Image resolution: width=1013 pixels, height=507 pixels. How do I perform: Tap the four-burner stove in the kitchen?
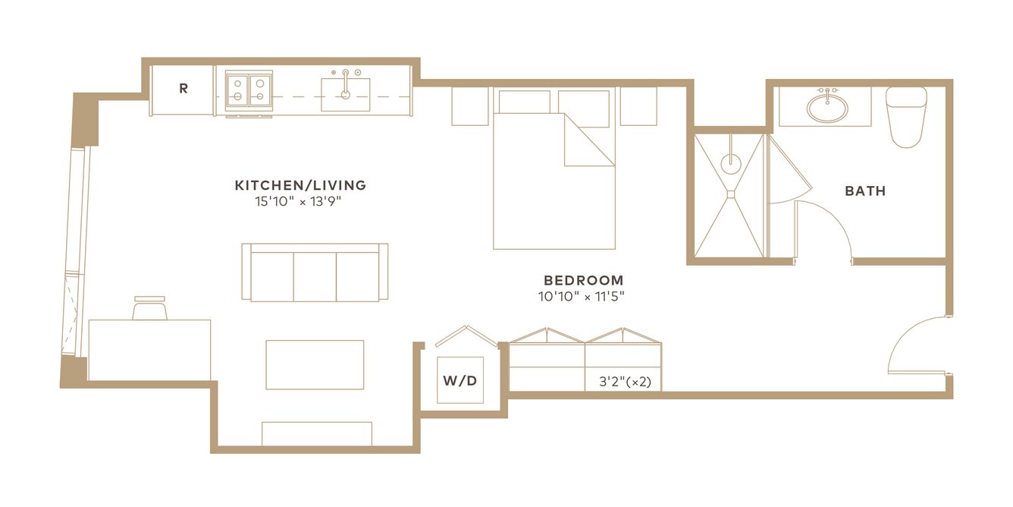[x=249, y=90]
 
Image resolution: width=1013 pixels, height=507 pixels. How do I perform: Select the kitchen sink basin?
[x=346, y=95]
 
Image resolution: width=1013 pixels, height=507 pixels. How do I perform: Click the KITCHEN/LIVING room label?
[x=300, y=185]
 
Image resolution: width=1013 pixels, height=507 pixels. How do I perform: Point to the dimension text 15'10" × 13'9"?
[x=298, y=201]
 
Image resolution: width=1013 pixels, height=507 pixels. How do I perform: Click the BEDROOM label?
[x=583, y=280]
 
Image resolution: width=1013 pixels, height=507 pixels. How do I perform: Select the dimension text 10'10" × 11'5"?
[x=581, y=297]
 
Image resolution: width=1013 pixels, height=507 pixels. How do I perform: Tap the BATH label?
[x=865, y=191]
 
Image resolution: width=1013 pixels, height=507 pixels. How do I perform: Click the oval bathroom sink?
[x=827, y=108]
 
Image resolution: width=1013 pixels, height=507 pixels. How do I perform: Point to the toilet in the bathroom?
[x=906, y=117]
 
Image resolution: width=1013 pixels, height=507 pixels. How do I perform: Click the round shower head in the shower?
[x=731, y=164]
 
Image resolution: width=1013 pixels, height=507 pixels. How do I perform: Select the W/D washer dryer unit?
[x=460, y=380]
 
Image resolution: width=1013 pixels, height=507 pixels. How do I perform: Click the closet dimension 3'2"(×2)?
[x=625, y=382]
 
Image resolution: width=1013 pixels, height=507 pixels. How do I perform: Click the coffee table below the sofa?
[x=315, y=365]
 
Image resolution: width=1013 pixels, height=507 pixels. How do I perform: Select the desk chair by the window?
[x=149, y=308]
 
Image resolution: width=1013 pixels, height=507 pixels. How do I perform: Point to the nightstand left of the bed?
[x=470, y=106]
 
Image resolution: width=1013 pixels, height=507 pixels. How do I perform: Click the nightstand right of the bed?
[x=638, y=106]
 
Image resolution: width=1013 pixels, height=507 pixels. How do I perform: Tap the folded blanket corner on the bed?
[x=589, y=140]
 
